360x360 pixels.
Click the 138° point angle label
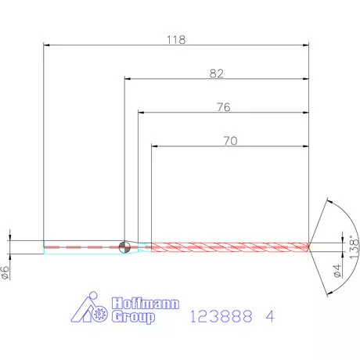click(353, 247)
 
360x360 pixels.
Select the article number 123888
click(221, 317)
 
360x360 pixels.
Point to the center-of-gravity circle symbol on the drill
click(124, 247)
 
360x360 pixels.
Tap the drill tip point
click(310, 247)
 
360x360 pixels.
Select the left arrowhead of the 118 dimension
click(47, 45)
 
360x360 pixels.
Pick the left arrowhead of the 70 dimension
click(155, 146)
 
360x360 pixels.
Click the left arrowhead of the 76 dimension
click(142, 113)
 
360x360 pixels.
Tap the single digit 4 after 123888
click(270, 317)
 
